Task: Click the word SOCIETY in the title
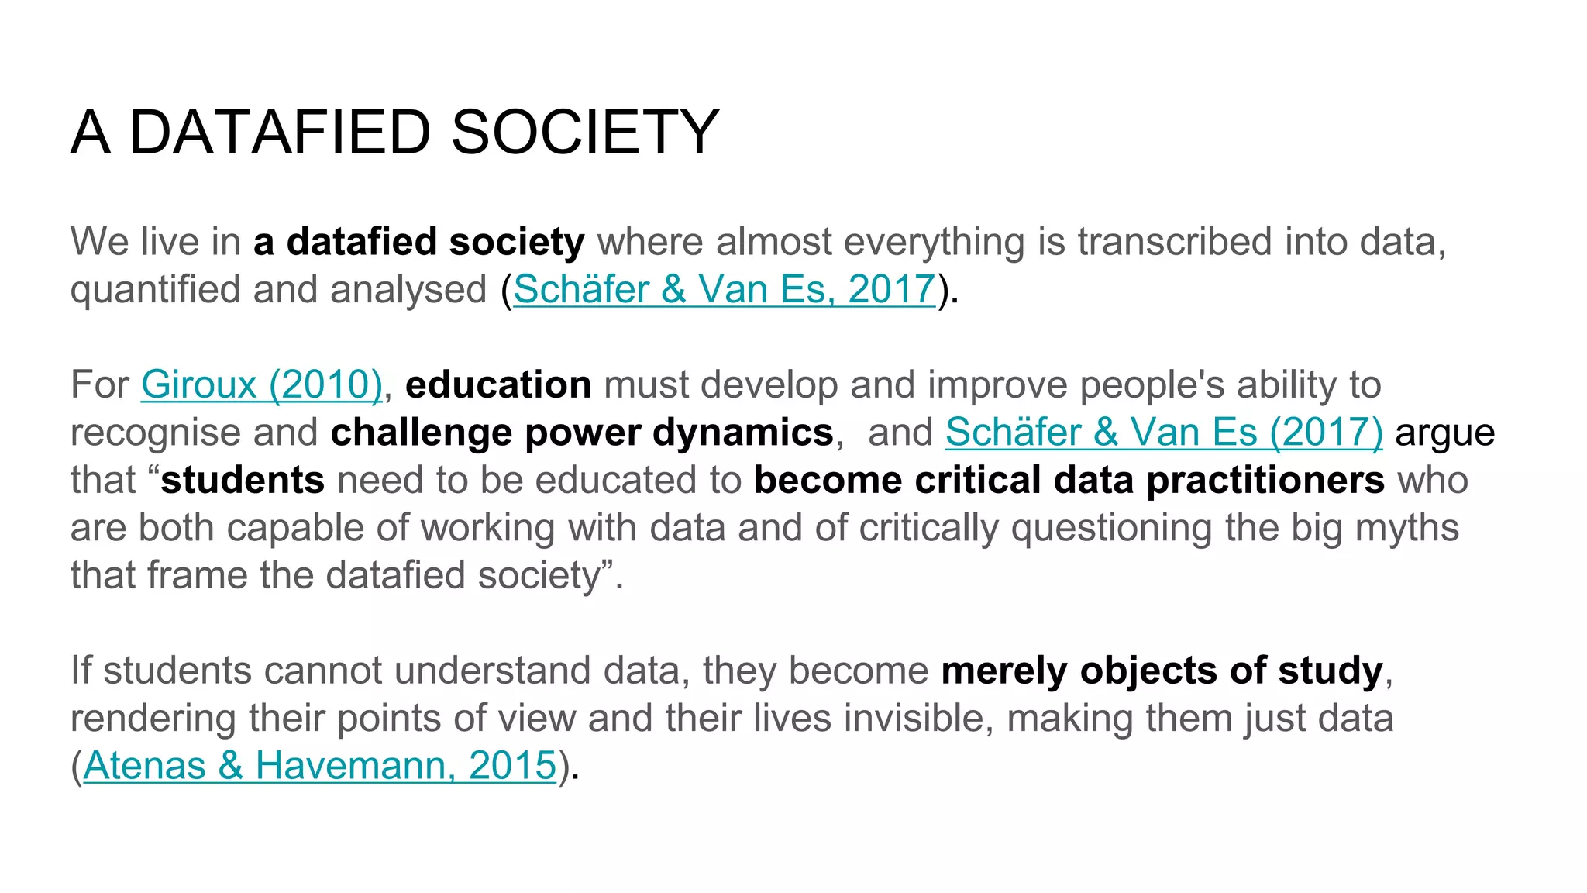point(585,133)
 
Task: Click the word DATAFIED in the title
point(280,133)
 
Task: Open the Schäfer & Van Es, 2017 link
point(724,290)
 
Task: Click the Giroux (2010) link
point(262,385)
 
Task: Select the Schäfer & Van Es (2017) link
point(1164,433)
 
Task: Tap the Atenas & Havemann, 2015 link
point(320,766)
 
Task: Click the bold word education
point(498,385)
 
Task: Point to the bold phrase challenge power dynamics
point(582,433)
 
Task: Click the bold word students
point(243,481)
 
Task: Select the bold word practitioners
point(1265,481)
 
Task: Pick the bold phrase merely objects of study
point(1162,671)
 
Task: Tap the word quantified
point(155,290)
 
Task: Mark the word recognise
point(155,433)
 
